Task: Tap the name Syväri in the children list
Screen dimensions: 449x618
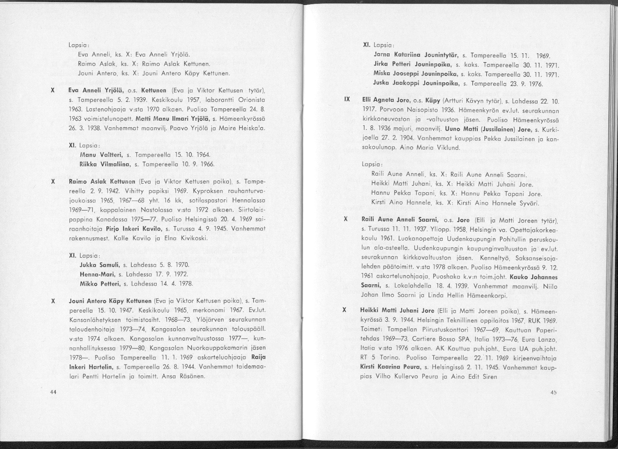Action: [528, 203]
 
